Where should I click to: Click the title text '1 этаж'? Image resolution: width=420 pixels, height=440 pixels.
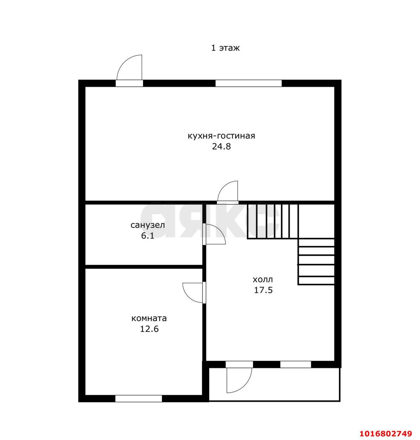225,48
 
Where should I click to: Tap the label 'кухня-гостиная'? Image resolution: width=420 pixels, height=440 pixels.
221,136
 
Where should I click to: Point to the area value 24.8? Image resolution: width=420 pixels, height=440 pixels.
221,147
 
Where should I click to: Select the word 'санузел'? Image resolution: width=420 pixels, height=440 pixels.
148,225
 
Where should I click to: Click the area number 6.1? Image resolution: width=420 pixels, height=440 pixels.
148,236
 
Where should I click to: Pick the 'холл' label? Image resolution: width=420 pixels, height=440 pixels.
263,279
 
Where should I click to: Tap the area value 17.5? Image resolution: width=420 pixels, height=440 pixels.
264,290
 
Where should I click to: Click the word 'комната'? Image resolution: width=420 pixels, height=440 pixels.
149,318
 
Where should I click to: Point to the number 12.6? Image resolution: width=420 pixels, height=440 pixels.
149,329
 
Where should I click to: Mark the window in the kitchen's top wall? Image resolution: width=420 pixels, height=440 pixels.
248,83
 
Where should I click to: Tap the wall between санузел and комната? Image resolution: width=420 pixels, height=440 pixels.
143,267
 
